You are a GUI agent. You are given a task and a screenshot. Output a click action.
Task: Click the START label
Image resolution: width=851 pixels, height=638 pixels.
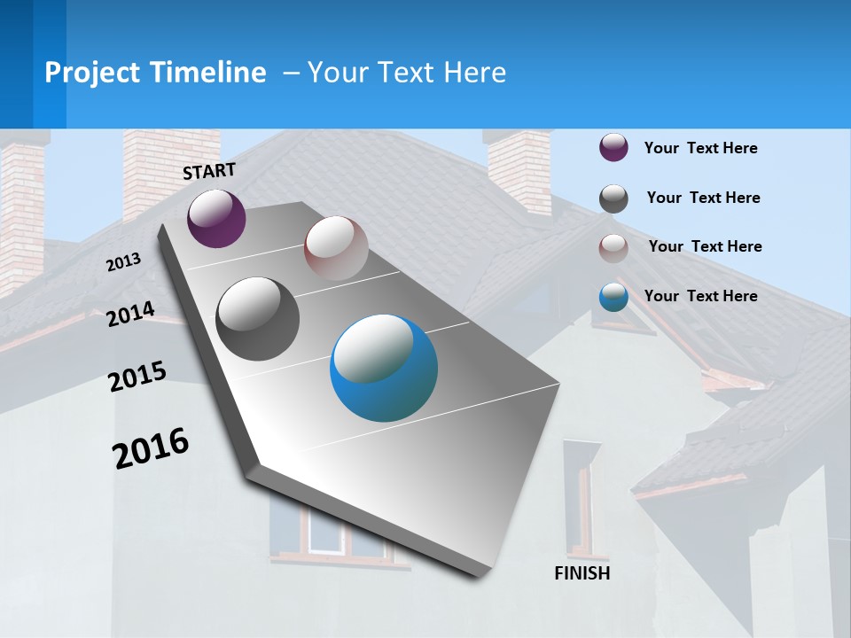[209, 171]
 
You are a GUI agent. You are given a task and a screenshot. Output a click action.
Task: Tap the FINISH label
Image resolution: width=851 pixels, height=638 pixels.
[582, 573]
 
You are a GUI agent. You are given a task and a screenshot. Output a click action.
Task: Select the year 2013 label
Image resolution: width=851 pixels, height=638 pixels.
[123, 262]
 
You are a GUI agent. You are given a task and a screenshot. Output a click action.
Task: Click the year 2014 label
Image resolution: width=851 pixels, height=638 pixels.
[130, 315]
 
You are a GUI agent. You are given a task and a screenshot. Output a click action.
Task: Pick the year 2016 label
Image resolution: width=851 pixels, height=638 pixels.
[151, 448]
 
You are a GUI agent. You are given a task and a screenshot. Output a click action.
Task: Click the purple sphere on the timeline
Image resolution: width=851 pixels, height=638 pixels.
[216, 218]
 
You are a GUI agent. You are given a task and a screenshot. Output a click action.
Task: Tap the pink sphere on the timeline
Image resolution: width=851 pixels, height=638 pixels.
[336, 247]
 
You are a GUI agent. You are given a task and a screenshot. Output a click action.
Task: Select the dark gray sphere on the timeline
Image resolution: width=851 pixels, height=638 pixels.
[258, 319]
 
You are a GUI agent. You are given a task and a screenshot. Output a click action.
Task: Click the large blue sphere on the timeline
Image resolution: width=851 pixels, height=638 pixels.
[384, 368]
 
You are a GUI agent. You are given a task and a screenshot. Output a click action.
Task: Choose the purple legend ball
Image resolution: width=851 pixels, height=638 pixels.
[613, 148]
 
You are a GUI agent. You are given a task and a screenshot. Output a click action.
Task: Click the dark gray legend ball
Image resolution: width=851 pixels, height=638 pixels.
[613, 198]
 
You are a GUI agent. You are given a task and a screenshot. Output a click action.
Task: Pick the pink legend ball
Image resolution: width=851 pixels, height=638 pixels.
[613, 247]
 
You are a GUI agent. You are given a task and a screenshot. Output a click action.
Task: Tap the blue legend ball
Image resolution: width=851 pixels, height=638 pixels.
[613, 297]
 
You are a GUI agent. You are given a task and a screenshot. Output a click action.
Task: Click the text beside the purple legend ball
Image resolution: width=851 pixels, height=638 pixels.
[700, 149]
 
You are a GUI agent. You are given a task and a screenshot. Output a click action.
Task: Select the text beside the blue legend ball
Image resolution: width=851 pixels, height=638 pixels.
[700, 296]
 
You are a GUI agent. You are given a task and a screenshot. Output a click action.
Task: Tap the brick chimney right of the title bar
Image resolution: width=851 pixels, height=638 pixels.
[519, 173]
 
